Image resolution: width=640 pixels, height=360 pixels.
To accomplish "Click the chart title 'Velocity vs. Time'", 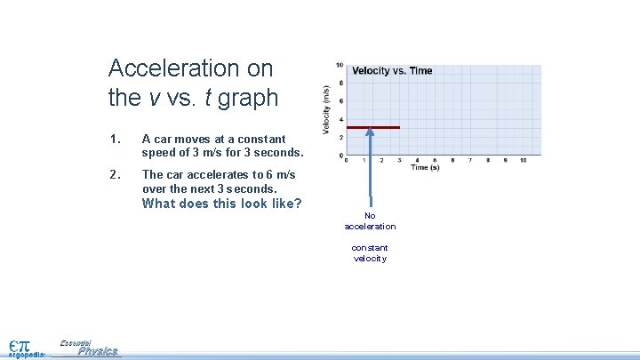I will click(x=392, y=71).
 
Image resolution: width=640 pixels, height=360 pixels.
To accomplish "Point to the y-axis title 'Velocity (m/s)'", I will click(x=326, y=110).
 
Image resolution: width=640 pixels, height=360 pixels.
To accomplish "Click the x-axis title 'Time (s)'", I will click(x=425, y=167).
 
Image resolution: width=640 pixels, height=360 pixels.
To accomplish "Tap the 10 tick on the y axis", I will click(x=340, y=65).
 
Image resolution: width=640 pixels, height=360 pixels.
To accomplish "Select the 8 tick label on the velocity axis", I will click(x=341, y=83).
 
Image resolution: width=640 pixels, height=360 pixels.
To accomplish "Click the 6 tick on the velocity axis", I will click(x=341, y=101).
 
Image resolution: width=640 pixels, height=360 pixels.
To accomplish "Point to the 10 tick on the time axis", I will click(x=523, y=160).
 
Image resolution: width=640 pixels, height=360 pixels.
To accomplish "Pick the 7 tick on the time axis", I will click(x=469, y=160).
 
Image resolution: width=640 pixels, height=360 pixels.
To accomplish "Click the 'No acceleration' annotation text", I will click(x=370, y=221).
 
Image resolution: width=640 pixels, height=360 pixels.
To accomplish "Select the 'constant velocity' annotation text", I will click(x=370, y=253).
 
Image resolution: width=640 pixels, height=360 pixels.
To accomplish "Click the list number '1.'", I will click(x=113, y=140).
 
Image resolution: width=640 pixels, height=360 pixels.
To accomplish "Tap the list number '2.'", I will click(x=113, y=175).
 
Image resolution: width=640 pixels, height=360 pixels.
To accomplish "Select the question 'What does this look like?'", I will click(x=222, y=204).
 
